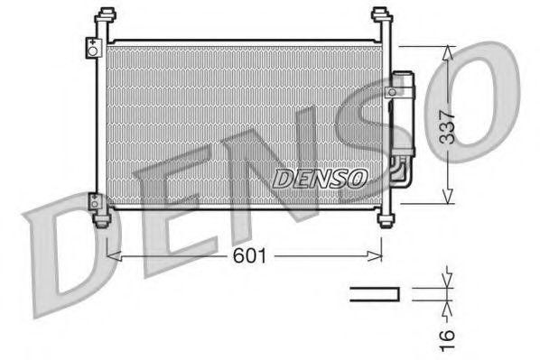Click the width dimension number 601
(250, 256)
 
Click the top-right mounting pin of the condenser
(381, 17)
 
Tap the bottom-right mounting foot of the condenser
(386, 219)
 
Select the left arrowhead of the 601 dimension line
(112, 256)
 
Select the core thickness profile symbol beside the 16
(374, 293)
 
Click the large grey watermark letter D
(81, 244)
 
